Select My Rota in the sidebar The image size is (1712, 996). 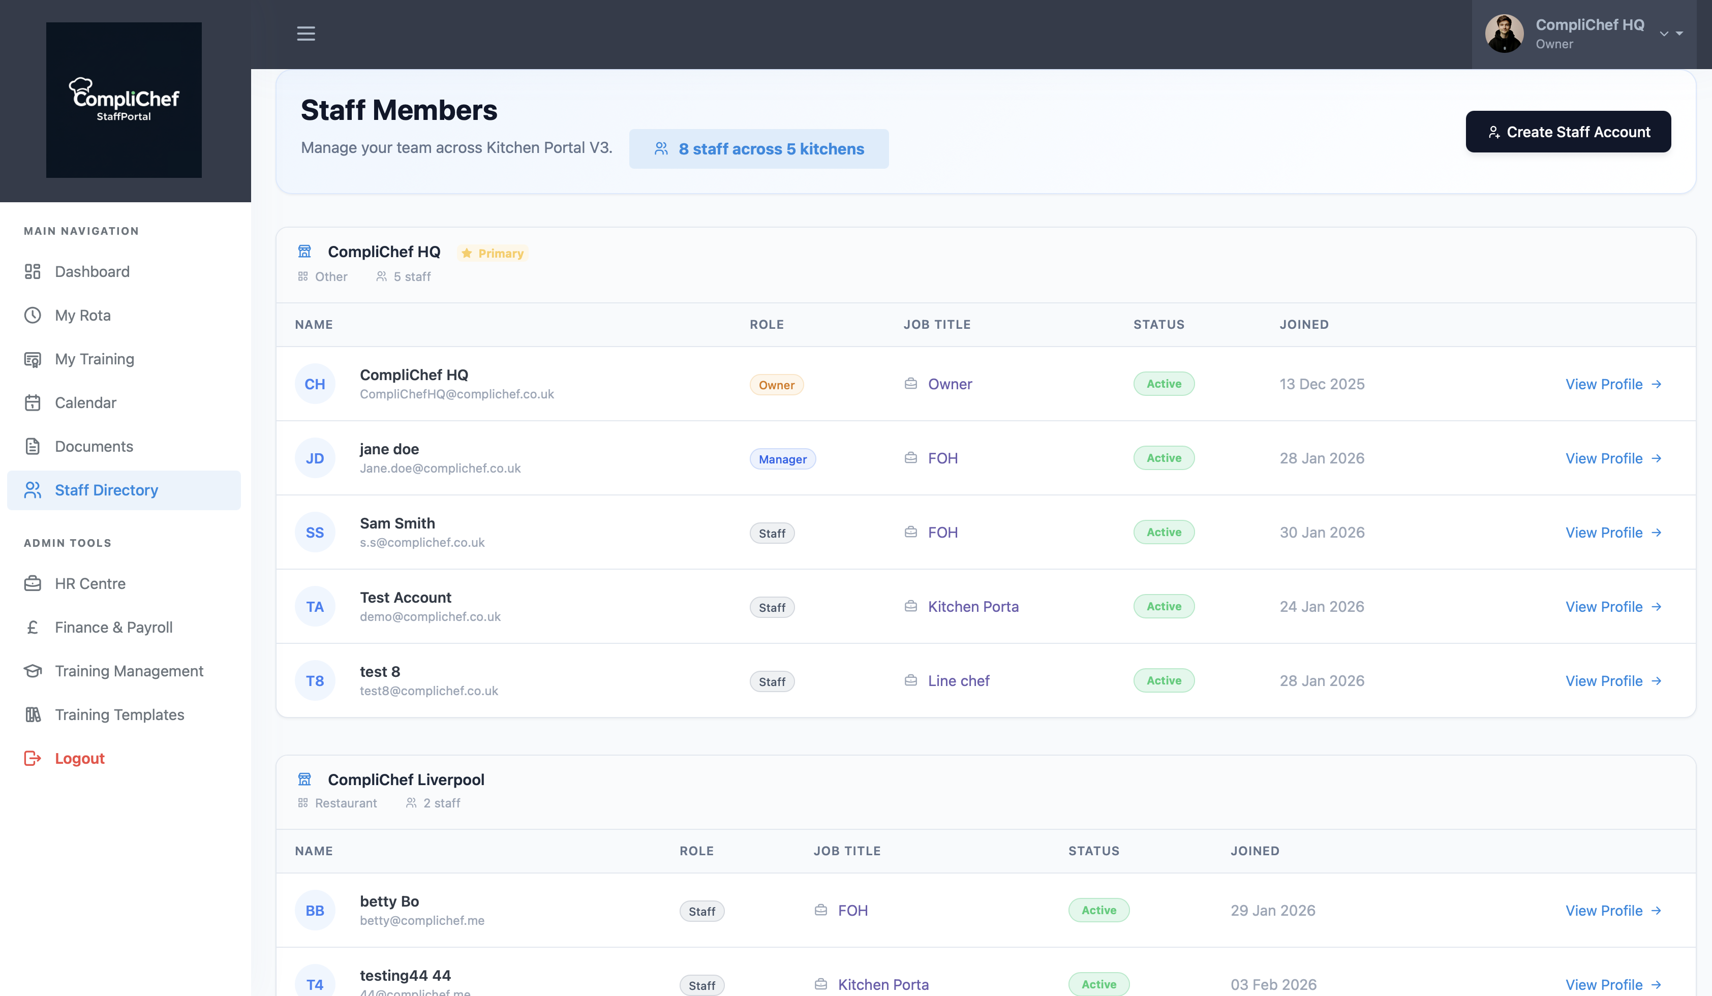[82, 315]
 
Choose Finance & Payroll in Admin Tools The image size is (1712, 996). [113, 628]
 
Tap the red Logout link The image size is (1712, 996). [79, 758]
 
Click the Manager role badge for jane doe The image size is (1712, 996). [782, 459]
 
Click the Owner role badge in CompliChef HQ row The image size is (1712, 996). [776, 385]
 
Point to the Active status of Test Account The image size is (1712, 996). [1163, 606]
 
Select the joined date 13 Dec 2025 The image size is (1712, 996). [1322, 384]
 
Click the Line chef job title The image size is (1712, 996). [958, 681]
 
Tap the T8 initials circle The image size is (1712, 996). [315, 681]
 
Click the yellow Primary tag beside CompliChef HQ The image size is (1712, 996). [493, 253]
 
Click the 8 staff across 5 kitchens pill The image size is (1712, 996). [758, 149]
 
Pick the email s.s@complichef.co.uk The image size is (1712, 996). [422, 543]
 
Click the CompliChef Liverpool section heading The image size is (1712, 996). [406, 780]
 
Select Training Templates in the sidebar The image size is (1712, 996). [119, 715]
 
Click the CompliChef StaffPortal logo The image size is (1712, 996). [124, 100]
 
